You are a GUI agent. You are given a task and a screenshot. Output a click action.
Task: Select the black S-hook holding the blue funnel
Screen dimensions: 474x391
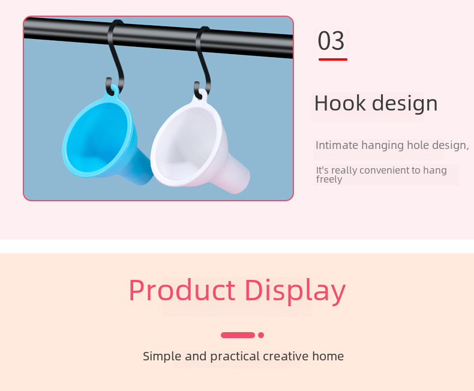[116, 58]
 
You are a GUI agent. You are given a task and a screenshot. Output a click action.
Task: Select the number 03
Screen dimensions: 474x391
[331, 41]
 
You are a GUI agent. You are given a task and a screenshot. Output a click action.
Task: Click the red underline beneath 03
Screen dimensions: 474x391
[333, 59]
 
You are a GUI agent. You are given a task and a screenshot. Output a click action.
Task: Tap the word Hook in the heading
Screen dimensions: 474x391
[340, 103]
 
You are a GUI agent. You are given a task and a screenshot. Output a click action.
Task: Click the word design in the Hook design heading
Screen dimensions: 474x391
[405, 104]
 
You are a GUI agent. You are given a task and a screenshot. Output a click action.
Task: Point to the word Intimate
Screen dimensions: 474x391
[337, 145]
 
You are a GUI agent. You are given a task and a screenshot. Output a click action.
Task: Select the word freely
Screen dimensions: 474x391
[329, 180]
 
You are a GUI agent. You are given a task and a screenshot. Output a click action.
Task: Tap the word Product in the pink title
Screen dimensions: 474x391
[182, 290]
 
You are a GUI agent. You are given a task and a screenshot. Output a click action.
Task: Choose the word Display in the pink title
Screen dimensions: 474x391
[295, 291]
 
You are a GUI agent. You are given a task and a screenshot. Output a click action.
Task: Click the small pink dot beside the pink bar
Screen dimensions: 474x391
[261, 335]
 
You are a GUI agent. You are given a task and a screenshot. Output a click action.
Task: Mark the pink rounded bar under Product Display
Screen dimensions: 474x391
[238, 335]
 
